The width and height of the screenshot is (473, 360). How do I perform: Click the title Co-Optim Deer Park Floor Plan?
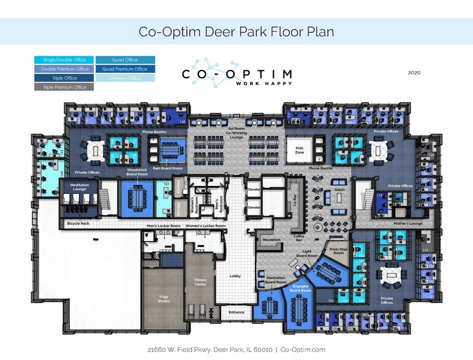click(x=236, y=32)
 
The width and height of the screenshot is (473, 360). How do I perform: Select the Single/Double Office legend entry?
click(x=64, y=60)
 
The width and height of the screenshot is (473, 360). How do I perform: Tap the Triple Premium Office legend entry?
click(x=64, y=87)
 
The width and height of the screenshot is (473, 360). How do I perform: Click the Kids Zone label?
click(x=300, y=149)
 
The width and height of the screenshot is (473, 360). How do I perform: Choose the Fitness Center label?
click(x=200, y=282)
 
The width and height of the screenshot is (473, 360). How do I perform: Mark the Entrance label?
click(x=236, y=312)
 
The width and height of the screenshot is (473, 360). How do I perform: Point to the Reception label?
click(x=271, y=240)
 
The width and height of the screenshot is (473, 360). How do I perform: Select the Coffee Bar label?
click(x=299, y=238)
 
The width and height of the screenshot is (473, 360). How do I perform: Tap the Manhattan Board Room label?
click(x=276, y=280)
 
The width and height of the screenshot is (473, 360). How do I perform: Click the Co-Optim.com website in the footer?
click(x=303, y=350)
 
